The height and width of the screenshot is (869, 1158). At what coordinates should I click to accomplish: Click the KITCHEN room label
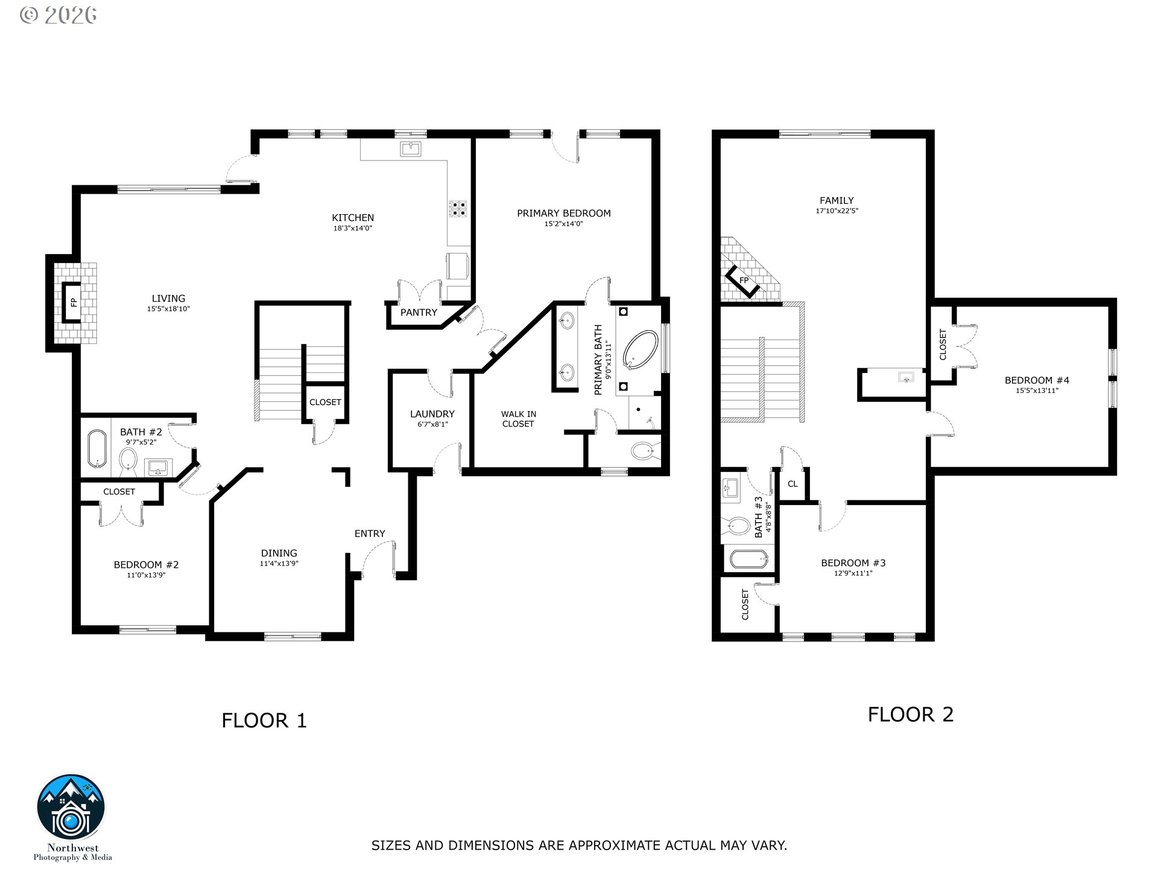click(353, 218)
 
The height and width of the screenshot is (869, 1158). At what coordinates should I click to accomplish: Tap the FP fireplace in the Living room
click(73, 302)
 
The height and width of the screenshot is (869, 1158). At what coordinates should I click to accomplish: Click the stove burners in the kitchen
click(458, 208)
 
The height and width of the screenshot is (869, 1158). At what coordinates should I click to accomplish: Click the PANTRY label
click(419, 313)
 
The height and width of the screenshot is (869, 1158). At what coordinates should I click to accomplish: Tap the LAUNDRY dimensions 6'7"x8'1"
click(432, 424)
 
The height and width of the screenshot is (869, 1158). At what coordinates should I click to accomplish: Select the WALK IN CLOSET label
click(518, 419)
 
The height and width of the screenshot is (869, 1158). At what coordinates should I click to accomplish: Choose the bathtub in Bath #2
click(96, 448)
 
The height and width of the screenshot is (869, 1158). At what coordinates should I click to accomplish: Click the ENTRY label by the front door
click(370, 533)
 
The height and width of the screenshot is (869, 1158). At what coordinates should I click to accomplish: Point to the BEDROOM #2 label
click(146, 565)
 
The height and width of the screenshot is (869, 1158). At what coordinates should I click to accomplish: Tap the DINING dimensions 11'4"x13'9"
click(279, 564)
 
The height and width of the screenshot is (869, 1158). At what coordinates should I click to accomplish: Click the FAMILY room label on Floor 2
click(837, 200)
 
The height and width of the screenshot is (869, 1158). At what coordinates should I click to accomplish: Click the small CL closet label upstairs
click(793, 484)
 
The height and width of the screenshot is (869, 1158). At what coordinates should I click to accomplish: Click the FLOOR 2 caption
click(910, 715)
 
